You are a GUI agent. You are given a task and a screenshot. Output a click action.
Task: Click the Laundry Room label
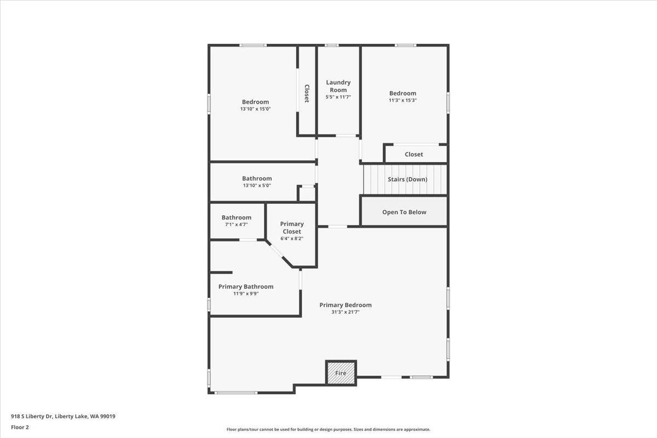(x=338, y=86)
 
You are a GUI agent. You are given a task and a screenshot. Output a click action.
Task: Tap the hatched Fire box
(x=341, y=373)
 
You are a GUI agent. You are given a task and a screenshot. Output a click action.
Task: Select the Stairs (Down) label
(x=407, y=179)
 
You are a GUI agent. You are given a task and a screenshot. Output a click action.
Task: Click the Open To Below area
(x=404, y=212)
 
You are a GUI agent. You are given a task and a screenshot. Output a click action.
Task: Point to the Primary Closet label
(x=292, y=227)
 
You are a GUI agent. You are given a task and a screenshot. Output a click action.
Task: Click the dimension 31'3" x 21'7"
(x=345, y=312)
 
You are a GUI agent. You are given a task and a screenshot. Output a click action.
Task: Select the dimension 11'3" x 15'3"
(x=402, y=100)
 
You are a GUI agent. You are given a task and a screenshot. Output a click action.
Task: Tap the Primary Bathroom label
(x=246, y=286)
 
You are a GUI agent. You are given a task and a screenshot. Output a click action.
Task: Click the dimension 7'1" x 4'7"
(x=237, y=224)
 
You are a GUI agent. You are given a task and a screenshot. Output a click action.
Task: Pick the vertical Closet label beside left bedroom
(x=307, y=93)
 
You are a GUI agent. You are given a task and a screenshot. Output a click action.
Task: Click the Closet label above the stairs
(x=413, y=154)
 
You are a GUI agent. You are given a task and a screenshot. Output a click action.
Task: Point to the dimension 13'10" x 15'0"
(x=255, y=109)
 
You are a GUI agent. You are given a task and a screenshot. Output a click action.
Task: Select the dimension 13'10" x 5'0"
(x=257, y=186)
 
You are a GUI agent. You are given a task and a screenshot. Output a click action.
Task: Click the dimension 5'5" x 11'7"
(x=338, y=97)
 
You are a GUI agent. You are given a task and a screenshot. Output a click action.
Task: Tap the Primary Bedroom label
(x=345, y=305)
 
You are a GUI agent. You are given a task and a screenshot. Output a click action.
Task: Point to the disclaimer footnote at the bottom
(x=328, y=430)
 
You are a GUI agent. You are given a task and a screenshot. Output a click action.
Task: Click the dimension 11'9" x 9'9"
(x=246, y=293)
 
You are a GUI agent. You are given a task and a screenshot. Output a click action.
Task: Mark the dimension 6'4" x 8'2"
(x=292, y=238)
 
